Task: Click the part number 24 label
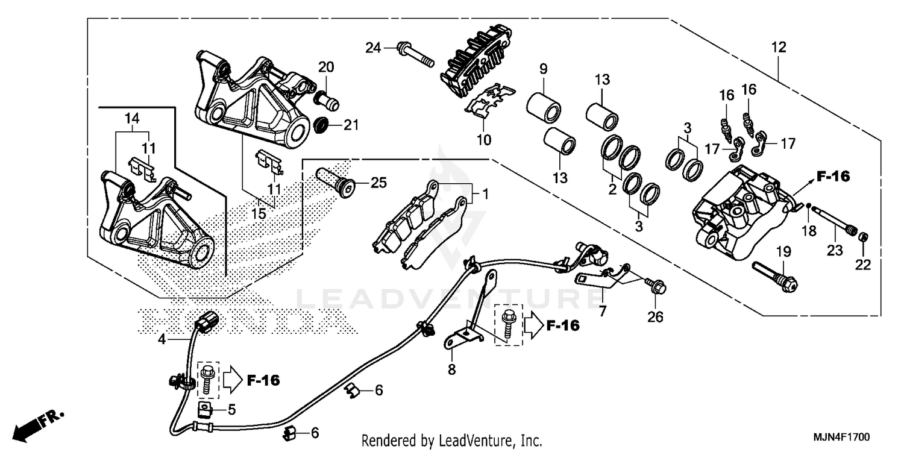[x=374, y=48]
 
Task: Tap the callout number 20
[x=326, y=67]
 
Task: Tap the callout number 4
[x=162, y=339]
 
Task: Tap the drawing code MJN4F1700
[x=848, y=436]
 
